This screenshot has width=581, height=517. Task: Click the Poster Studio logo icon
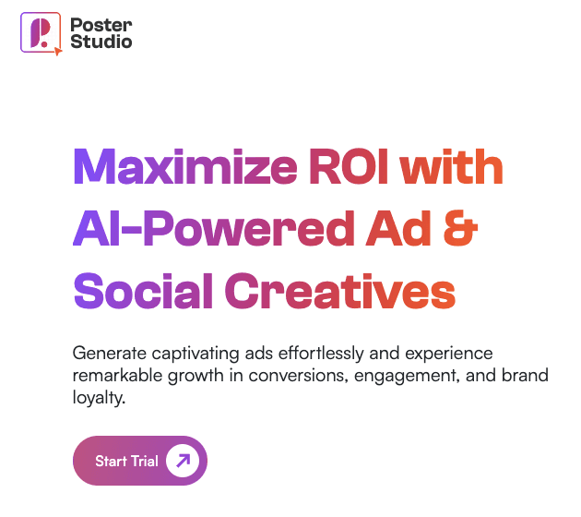(41, 33)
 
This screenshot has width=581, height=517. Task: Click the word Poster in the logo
(101, 25)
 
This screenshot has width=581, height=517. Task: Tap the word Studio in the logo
(101, 41)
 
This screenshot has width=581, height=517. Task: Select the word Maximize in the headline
(185, 166)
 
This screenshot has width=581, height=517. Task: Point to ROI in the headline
(349, 166)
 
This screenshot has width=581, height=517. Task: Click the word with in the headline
(451, 166)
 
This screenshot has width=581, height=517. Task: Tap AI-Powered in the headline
(214, 228)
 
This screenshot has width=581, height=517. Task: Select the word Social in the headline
(143, 291)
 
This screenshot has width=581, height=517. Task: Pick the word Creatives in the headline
(340, 291)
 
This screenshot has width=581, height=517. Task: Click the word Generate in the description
(110, 354)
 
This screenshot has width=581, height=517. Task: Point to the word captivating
(196, 354)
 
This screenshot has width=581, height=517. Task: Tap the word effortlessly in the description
(321, 354)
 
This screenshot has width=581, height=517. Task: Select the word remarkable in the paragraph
(117, 376)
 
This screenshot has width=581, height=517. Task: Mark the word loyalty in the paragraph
(99, 398)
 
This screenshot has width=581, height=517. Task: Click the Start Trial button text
(126, 461)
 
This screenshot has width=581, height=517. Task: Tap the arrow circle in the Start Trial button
(183, 461)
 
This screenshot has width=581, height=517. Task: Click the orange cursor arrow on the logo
(58, 51)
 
